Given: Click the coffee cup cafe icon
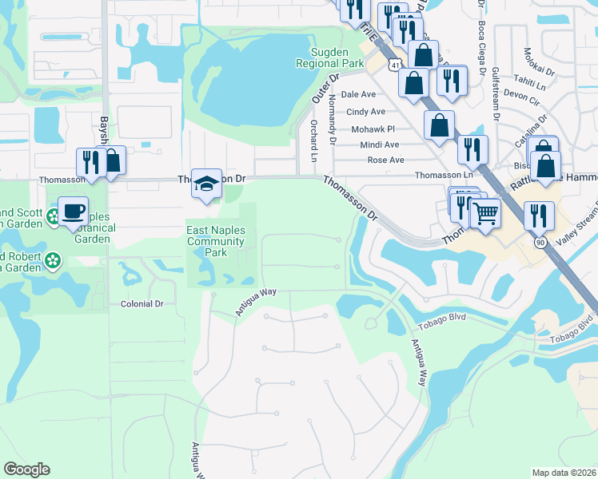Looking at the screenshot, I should tap(73, 212).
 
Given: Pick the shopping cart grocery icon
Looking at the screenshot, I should tap(484, 212).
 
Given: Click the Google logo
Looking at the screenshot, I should tap(26, 469).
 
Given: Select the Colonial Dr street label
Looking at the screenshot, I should tap(142, 304).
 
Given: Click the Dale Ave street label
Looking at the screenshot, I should tap(358, 94).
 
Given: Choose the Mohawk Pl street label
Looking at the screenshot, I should tap(373, 129).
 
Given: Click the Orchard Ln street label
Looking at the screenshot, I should tap(313, 138).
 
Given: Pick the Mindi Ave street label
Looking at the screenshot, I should tap(380, 144).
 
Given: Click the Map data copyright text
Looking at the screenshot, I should tap(564, 473).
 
